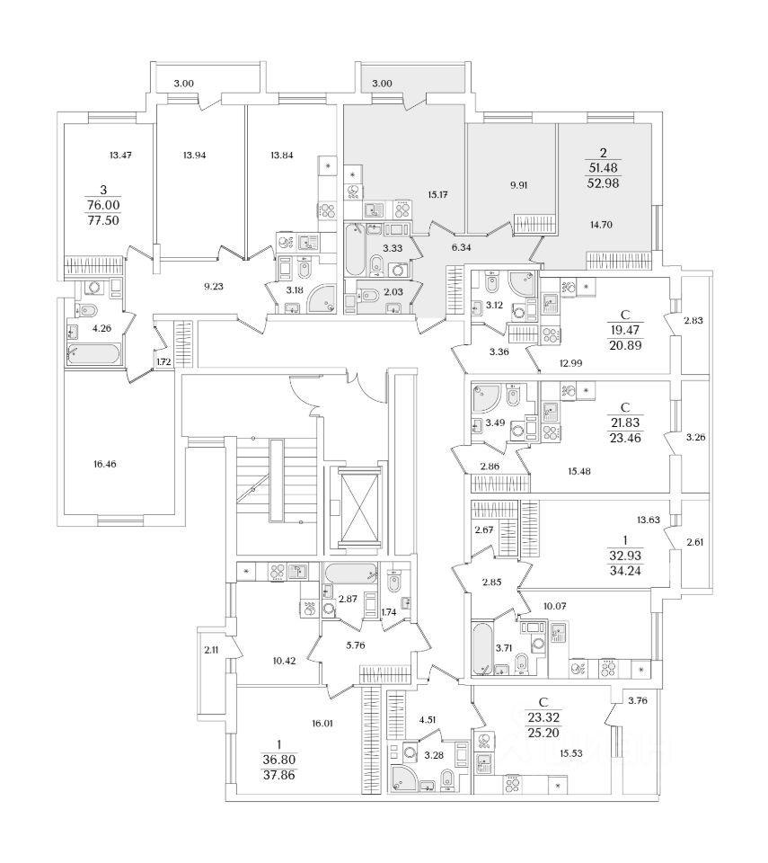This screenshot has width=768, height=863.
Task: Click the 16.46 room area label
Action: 104,464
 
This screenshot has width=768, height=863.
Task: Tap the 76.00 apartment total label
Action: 103,205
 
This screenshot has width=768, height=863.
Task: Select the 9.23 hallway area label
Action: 214,286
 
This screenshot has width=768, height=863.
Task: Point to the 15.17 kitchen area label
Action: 437,194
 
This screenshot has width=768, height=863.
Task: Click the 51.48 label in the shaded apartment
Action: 604,168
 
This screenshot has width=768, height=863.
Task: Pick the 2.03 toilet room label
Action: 393,291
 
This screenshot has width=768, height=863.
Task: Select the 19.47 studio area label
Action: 625,330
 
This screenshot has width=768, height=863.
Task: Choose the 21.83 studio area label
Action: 625,423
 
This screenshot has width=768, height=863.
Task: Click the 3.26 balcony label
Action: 695,438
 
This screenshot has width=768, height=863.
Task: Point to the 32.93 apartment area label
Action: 625,556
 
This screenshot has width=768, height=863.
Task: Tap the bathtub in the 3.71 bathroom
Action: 483,648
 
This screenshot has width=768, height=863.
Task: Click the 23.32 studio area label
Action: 543,717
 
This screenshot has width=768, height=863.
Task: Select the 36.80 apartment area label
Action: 279,760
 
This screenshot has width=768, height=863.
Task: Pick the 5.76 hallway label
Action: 356,645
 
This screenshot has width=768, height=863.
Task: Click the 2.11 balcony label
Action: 211,649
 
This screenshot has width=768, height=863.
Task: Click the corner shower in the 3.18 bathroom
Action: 321,298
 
